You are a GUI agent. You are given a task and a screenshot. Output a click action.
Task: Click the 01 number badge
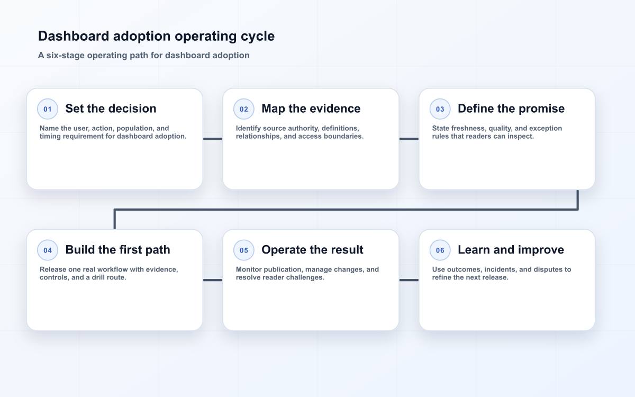tap(48, 109)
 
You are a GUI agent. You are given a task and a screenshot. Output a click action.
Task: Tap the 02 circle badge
tap(244, 109)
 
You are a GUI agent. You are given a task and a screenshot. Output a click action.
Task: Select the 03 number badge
tap(440, 109)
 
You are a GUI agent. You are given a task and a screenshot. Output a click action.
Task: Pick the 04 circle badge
tap(48, 250)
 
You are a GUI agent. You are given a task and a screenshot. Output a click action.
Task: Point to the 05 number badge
tap(244, 250)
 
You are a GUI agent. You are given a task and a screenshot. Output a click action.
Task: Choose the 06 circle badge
tap(440, 250)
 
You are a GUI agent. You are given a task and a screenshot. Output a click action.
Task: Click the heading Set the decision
tap(111, 109)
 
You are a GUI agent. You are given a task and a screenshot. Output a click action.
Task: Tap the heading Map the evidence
tap(311, 109)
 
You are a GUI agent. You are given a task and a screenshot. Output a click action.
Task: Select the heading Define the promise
tap(511, 109)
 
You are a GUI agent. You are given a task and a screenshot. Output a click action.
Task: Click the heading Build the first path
tap(117, 250)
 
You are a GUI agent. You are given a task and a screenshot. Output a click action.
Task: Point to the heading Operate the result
tap(312, 250)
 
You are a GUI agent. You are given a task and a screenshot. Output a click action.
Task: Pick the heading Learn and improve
tap(511, 250)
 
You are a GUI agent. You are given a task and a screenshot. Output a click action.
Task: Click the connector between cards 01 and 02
tap(213, 139)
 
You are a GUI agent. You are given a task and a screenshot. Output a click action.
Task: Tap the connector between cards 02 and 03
tap(409, 139)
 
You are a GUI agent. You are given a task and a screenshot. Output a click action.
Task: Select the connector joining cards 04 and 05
tap(213, 280)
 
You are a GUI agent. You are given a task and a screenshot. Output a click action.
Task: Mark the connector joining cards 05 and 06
tap(409, 280)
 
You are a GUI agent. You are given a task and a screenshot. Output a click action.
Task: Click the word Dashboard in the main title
tap(74, 37)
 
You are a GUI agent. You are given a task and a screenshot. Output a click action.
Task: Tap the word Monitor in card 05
tap(249, 269)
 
